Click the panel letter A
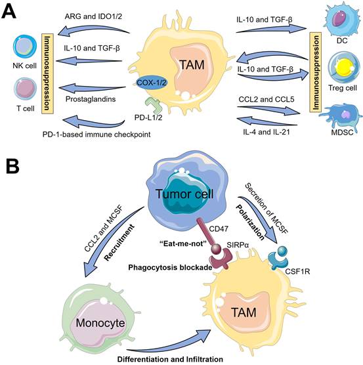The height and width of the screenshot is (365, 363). (9, 12)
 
